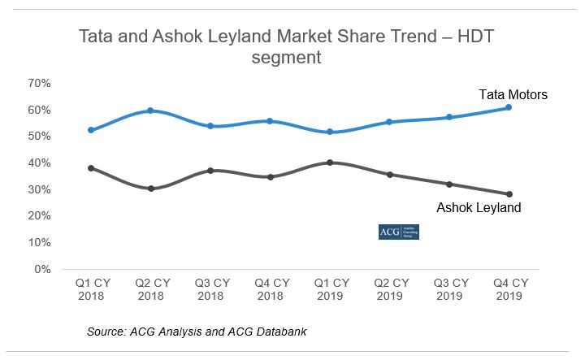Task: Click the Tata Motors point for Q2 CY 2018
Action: tap(150, 111)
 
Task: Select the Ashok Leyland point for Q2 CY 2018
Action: tap(150, 189)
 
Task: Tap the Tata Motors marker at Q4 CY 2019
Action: tap(509, 107)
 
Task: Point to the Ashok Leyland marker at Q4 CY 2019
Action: tap(509, 194)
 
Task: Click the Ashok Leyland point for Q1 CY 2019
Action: tap(329, 163)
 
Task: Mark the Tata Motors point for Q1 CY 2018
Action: tap(91, 130)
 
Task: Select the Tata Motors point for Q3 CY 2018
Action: tap(210, 126)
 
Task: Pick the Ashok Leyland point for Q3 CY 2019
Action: tap(448, 184)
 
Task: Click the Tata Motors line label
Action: tap(513, 95)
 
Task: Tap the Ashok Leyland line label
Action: tap(479, 208)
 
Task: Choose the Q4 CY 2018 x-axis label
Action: tap(270, 289)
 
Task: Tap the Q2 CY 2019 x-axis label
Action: tap(389, 289)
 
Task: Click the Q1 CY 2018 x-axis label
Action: tap(91, 289)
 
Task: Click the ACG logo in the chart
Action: tap(399, 232)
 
